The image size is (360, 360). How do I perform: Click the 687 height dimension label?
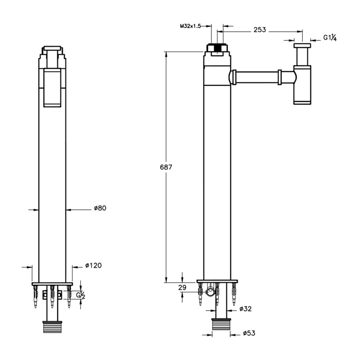pos(166,167)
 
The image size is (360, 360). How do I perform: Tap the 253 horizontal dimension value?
pos(260,30)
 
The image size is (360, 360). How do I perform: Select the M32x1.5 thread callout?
pos(190,26)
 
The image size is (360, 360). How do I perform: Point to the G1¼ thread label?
pos(330,37)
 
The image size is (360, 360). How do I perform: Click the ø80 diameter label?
pos(100,208)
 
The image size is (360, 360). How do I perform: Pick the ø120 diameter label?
pos(93,265)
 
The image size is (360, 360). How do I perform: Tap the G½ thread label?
pos(81,295)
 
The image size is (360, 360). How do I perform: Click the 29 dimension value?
pos(182,288)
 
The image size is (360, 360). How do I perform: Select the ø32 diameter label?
pos(245,309)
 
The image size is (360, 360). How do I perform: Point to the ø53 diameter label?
pos(249,333)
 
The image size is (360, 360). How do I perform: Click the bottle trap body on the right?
pos(302,85)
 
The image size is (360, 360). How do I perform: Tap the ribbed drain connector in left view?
pos(52,327)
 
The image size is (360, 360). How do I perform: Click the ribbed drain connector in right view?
pos(221,324)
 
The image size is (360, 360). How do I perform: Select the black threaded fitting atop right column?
pos(217,48)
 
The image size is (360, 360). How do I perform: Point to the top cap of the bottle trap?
pos(302,45)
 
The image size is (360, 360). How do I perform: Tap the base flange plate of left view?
pos(52,284)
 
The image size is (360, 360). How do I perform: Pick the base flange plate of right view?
pos(217,281)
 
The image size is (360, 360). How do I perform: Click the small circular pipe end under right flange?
pos(210,292)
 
